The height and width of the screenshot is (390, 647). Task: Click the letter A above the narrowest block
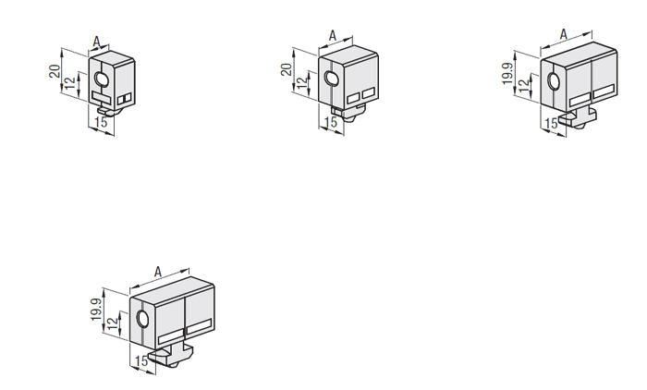[x=96, y=42]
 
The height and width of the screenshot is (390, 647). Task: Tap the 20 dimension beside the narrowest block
[x=55, y=71]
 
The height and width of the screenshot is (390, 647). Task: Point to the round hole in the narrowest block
[x=101, y=78]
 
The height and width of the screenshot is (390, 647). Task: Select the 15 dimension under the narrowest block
[x=101, y=122]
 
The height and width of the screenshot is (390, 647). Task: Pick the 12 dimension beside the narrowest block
[x=71, y=83]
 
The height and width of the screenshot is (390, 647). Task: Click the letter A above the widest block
[x=158, y=272]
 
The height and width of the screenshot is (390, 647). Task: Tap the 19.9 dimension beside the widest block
[x=96, y=310]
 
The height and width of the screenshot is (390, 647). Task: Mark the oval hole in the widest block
[x=142, y=319]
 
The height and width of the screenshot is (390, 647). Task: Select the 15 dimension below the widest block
[x=141, y=361]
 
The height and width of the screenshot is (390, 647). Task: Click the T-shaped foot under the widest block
[x=171, y=355]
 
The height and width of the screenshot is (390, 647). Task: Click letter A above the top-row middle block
[x=333, y=36]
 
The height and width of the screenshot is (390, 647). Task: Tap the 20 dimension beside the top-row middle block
[x=287, y=69]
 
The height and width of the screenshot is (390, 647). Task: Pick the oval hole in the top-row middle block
[x=331, y=79]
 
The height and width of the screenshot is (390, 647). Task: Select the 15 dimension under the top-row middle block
[x=331, y=122]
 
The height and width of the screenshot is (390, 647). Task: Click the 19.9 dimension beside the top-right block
[x=508, y=74]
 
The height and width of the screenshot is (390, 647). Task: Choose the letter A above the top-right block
[x=564, y=35]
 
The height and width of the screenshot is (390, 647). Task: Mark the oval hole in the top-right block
[x=554, y=81]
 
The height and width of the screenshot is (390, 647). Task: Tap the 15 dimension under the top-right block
[x=551, y=124]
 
